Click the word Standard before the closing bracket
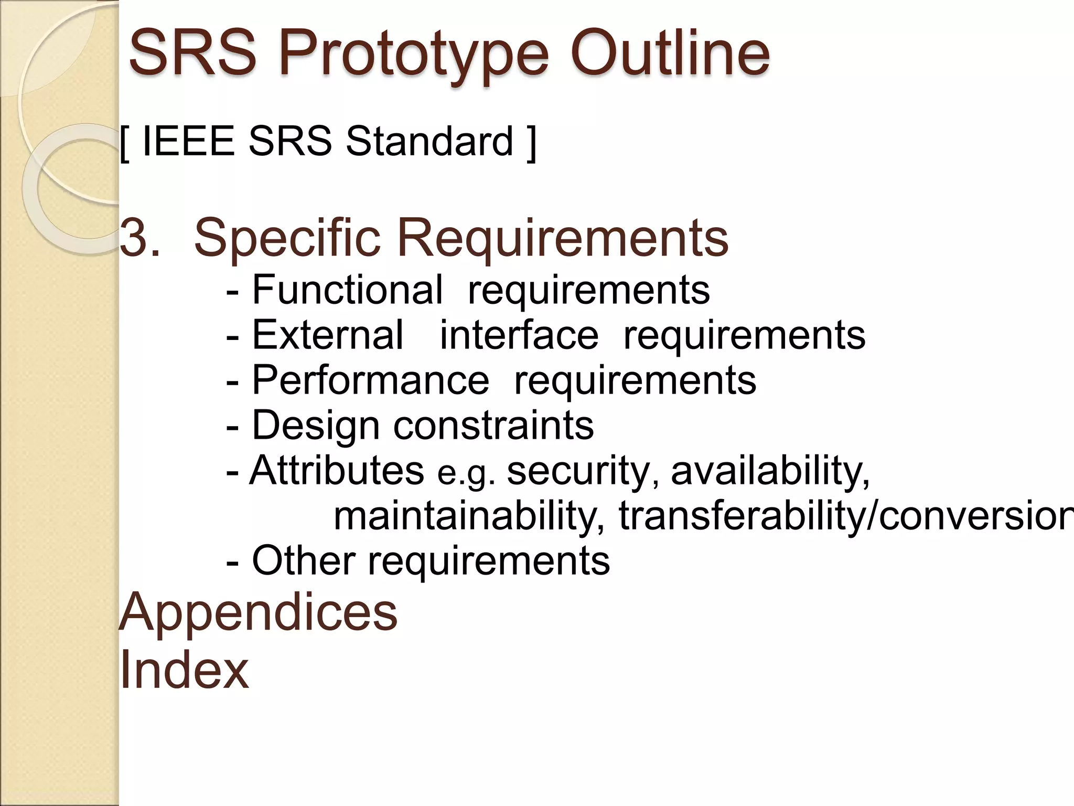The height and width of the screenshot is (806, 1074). point(429,142)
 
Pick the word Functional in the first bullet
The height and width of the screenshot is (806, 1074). point(347,290)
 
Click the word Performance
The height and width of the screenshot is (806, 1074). point(370,380)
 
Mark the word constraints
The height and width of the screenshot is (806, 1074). point(493,425)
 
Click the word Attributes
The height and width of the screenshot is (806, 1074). point(337,470)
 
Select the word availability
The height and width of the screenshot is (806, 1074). point(770,470)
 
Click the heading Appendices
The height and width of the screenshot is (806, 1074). point(258,613)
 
